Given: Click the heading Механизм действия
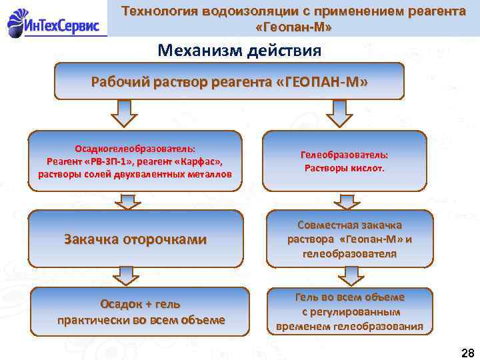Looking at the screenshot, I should [239, 50].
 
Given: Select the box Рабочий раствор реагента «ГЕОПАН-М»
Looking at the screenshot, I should [229, 81].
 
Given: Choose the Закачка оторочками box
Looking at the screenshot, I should [135, 239].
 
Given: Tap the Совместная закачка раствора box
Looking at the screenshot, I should [349, 239].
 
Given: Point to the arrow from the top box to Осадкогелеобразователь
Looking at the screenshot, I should [123, 113].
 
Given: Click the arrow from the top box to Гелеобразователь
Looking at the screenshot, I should [340, 113].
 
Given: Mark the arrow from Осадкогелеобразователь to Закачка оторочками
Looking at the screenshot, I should [123, 200].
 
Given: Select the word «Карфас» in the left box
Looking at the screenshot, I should [200, 161].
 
